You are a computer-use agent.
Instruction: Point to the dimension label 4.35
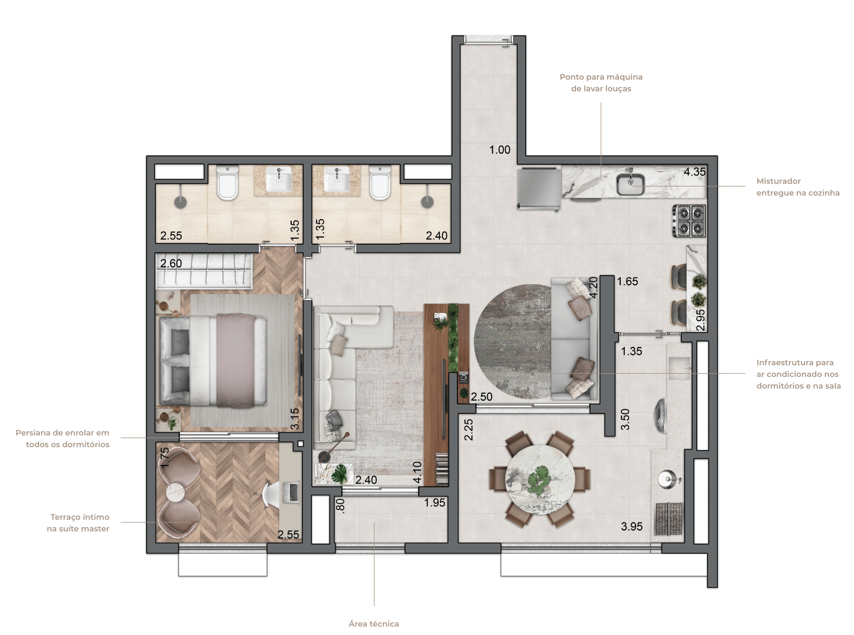[x=694, y=172]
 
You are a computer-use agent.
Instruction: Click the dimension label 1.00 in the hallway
[x=500, y=150]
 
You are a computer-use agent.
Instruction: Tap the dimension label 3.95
[x=632, y=526]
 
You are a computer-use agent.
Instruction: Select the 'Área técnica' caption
[x=374, y=624]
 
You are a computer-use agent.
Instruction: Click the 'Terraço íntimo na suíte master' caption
[x=78, y=522]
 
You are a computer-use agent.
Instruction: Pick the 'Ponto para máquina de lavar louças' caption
[x=601, y=83]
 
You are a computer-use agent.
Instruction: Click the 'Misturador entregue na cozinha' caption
[x=798, y=187]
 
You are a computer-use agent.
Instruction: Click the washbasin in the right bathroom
[x=336, y=179]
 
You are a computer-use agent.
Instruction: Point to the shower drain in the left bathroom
[x=180, y=202]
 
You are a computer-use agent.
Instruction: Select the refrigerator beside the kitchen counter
[x=539, y=189]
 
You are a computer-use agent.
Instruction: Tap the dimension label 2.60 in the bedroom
[x=171, y=263]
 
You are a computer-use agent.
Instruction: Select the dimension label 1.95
[x=434, y=503]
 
